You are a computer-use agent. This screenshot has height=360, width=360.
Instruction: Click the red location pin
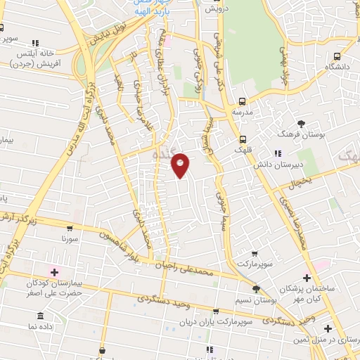181,165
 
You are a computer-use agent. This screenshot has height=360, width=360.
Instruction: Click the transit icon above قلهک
243,139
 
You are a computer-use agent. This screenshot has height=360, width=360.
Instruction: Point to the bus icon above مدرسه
243,101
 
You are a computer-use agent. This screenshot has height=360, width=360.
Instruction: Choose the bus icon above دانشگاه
337,56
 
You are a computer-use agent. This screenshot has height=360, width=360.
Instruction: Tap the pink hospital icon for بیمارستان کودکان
54,271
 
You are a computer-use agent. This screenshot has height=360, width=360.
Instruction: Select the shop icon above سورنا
70,229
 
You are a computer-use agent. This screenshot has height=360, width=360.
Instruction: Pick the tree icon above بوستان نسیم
256,288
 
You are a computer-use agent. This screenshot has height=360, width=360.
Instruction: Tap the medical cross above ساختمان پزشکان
307,278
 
